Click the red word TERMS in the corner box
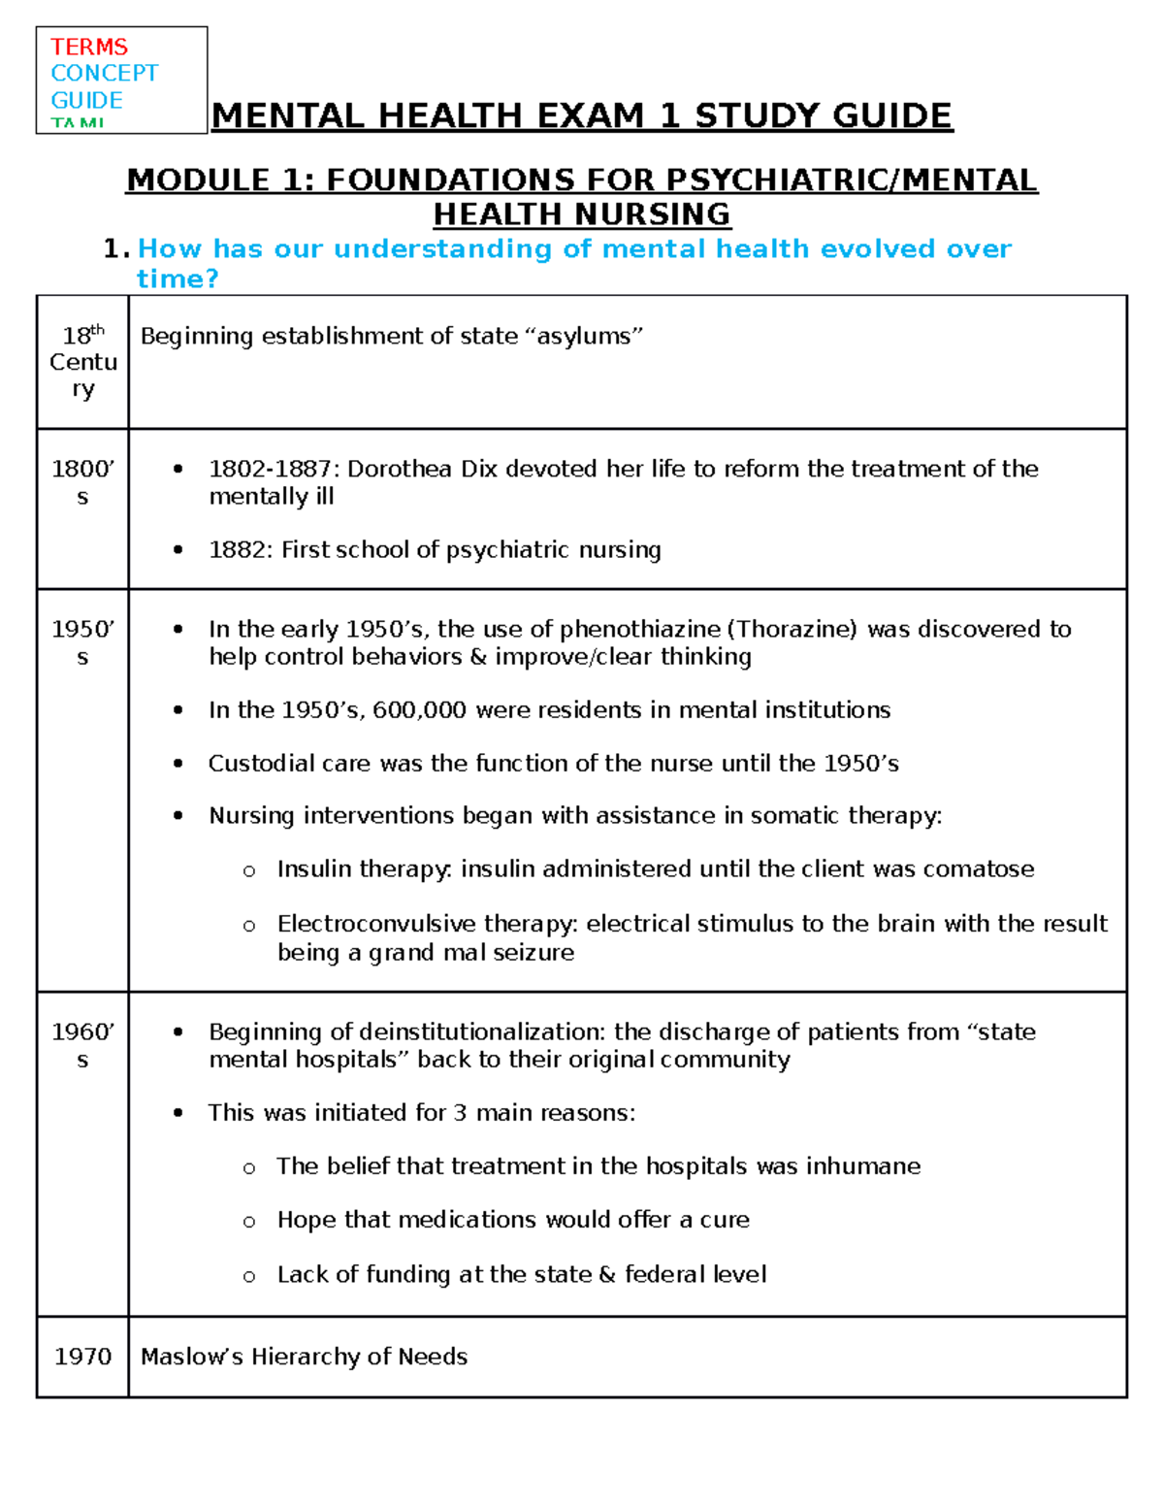(89, 47)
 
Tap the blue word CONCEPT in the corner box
(104, 73)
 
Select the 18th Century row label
(82, 361)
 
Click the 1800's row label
(82, 482)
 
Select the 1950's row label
(82, 642)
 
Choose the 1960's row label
(82, 1045)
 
